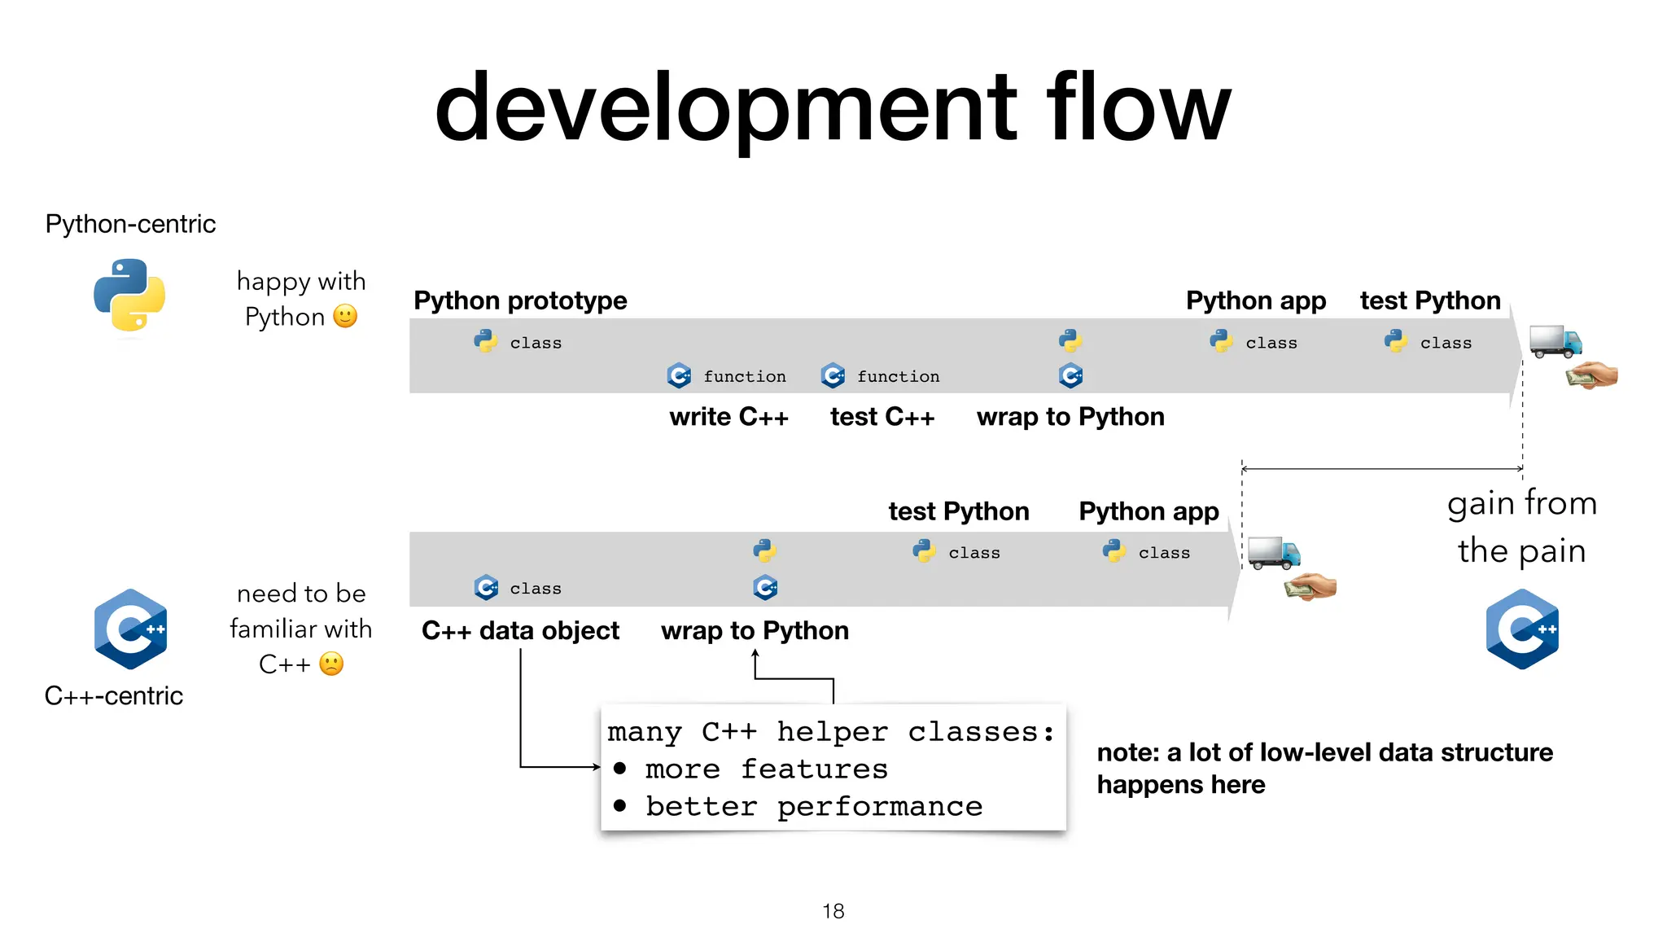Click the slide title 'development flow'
pyautogui.click(x=833, y=108)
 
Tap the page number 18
pyautogui.click(x=833, y=911)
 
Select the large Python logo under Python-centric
pyautogui.click(x=129, y=295)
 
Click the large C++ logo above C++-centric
pyautogui.click(x=130, y=629)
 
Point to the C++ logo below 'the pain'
pyautogui.click(x=1522, y=629)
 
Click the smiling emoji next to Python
pyautogui.click(x=345, y=316)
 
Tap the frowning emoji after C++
pyautogui.click(x=331, y=664)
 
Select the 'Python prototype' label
pyautogui.click(x=520, y=300)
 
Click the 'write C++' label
pyautogui.click(x=728, y=417)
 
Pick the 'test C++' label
pyautogui.click(x=882, y=417)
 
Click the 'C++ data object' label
pyautogui.click(x=520, y=630)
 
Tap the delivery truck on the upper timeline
pyautogui.click(x=1555, y=341)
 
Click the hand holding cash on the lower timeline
pyautogui.click(x=1310, y=586)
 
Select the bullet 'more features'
pyautogui.click(x=765, y=769)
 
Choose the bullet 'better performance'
pyautogui.click(x=814, y=806)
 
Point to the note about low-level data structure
pyautogui.click(x=1324, y=768)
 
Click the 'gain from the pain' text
pyautogui.click(x=1521, y=527)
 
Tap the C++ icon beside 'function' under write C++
pyautogui.click(x=679, y=375)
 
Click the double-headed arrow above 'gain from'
pyautogui.click(x=1381, y=469)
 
